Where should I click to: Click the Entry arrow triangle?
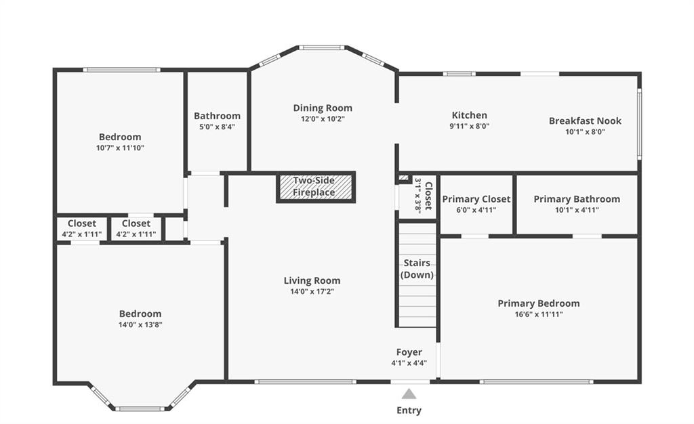(x=409, y=394)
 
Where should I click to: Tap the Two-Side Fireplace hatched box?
(x=316, y=187)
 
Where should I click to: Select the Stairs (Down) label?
(x=417, y=269)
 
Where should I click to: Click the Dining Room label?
(x=323, y=108)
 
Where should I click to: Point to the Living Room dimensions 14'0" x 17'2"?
(x=312, y=291)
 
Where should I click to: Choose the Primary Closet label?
(x=476, y=199)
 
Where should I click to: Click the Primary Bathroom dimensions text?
(x=577, y=210)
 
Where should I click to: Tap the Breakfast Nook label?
(x=585, y=121)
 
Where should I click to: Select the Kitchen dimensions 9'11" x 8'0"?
(x=470, y=126)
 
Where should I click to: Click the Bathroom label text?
(x=217, y=116)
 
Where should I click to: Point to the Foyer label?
(x=409, y=352)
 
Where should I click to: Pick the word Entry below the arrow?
(x=409, y=410)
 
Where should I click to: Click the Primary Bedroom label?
(x=539, y=303)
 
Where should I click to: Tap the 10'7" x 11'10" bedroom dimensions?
(x=121, y=148)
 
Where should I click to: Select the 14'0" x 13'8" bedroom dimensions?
(x=140, y=325)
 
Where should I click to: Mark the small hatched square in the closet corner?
(x=403, y=178)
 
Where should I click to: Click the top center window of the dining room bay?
(x=322, y=47)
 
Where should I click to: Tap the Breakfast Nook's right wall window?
(x=639, y=123)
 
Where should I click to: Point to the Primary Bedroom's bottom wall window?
(x=537, y=381)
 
